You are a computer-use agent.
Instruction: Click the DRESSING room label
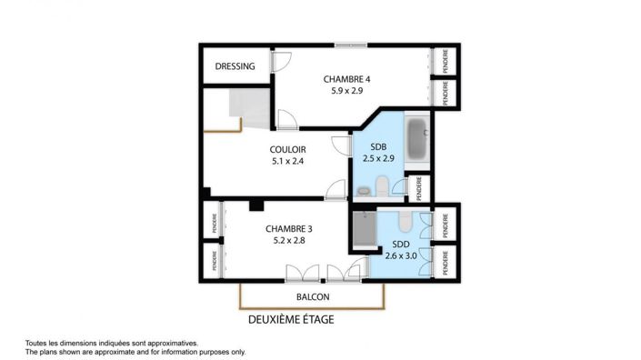pyautogui.click(x=235, y=66)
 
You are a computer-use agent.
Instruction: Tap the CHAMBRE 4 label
pyautogui.click(x=347, y=79)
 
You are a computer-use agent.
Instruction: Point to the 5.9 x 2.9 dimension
pyautogui.click(x=347, y=92)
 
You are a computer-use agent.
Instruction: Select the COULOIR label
pyautogui.click(x=287, y=150)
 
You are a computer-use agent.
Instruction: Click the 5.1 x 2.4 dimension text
pyautogui.click(x=287, y=162)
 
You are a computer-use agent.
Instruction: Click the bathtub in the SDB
pyautogui.click(x=418, y=138)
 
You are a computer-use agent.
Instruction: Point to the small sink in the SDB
pyautogui.click(x=363, y=191)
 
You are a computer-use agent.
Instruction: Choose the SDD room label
pyautogui.click(x=401, y=245)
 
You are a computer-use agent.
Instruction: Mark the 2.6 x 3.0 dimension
pyautogui.click(x=401, y=256)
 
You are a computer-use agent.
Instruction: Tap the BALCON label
pyautogui.click(x=313, y=297)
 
